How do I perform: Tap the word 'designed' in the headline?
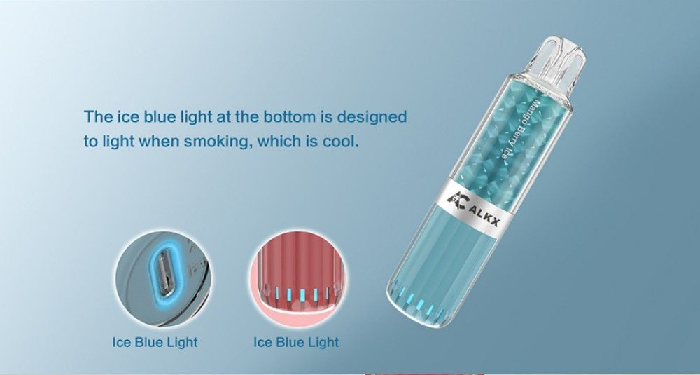tap(372, 117)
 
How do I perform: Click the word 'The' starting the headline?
tap(98, 116)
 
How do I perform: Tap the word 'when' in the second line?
tap(160, 142)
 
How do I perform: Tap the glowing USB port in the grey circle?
tap(162, 274)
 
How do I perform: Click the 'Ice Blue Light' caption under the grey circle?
tap(155, 342)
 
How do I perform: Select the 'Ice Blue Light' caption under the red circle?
tap(296, 342)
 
